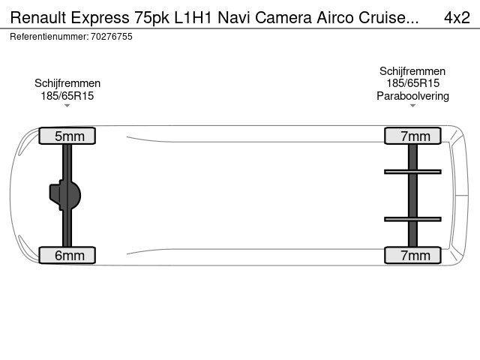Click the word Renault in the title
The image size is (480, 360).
click(38, 17)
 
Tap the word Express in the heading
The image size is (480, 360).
click(100, 18)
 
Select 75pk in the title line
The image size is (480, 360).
click(151, 18)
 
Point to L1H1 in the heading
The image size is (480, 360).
click(193, 17)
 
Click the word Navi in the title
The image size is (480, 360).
click(234, 17)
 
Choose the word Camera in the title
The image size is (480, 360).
click(283, 18)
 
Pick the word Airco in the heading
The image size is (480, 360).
click(335, 17)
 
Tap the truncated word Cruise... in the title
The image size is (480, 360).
click(388, 17)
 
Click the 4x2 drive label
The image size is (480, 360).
click(457, 17)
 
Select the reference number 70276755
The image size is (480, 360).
click(112, 37)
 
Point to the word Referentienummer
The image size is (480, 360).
click(49, 37)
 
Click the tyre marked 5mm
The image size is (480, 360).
click(67, 136)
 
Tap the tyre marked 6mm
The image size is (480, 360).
click(67, 255)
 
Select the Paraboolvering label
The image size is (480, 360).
click(412, 96)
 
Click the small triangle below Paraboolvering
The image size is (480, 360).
click(412, 106)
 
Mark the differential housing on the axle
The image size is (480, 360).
click(65, 195)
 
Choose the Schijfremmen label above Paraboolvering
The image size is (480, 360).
click(412, 71)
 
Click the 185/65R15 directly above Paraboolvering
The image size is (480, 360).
click(412, 83)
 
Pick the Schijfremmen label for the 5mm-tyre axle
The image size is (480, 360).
click(67, 83)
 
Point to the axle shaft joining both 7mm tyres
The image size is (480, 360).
click(412, 195)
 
